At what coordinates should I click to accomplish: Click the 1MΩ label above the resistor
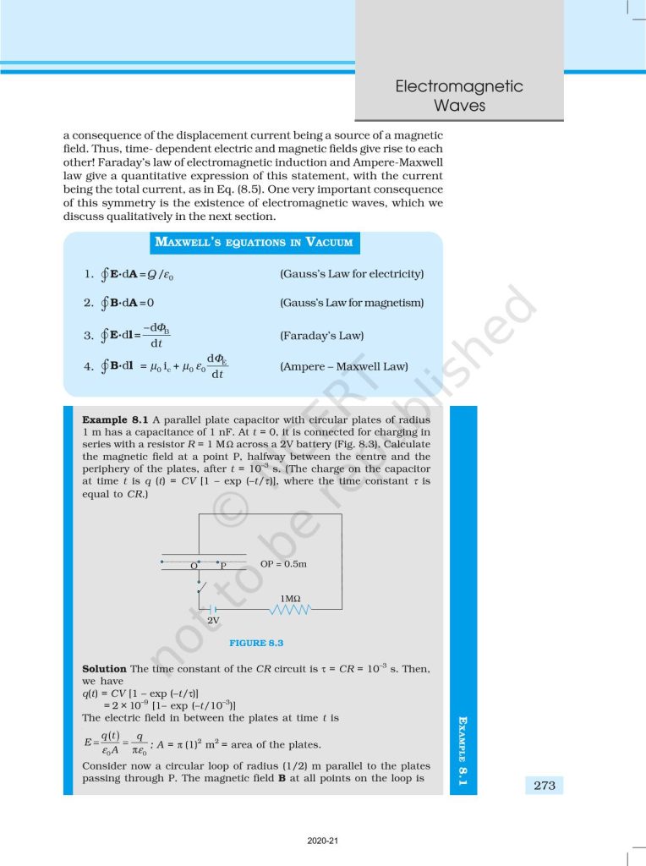tap(290, 597)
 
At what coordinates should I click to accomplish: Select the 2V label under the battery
tap(214, 620)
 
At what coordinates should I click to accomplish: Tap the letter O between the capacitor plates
tap(194, 564)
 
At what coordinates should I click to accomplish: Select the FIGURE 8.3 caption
tap(256, 644)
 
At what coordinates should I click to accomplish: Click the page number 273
tap(545, 786)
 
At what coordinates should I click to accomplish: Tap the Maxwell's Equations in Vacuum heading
tap(254, 243)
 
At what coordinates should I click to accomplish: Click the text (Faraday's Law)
tap(321, 336)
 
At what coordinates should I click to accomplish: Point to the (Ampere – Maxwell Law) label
tap(343, 367)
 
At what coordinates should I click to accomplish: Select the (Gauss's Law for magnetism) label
tap(351, 303)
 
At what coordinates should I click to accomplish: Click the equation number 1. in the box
tap(88, 274)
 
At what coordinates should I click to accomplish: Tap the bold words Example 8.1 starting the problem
tap(115, 419)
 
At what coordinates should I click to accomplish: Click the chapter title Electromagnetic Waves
tap(458, 96)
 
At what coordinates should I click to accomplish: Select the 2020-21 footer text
tap(322, 841)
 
